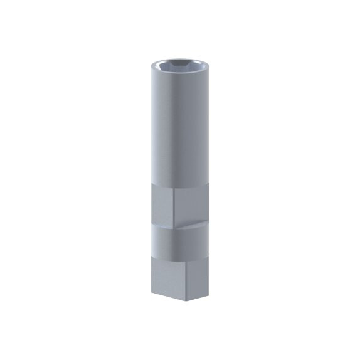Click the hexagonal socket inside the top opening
click(x=180, y=65)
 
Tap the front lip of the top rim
click(x=180, y=75)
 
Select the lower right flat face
click(x=192, y=273)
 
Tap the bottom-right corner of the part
click(x=208, y=290)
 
